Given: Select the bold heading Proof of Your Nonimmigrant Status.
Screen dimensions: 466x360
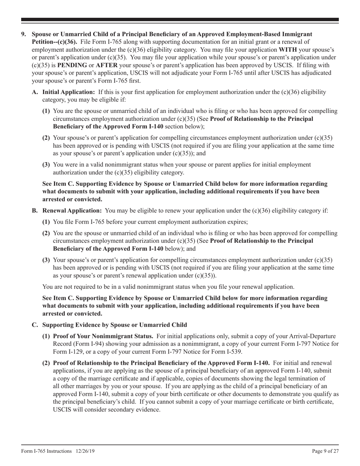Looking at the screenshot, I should pyautogui.click(x=103, y=336).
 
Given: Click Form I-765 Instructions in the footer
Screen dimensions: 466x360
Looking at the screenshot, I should pyautogui.click(x=46, y=451).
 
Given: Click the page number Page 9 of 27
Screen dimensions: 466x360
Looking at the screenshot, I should pyautogui.click(x=325, y=451).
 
